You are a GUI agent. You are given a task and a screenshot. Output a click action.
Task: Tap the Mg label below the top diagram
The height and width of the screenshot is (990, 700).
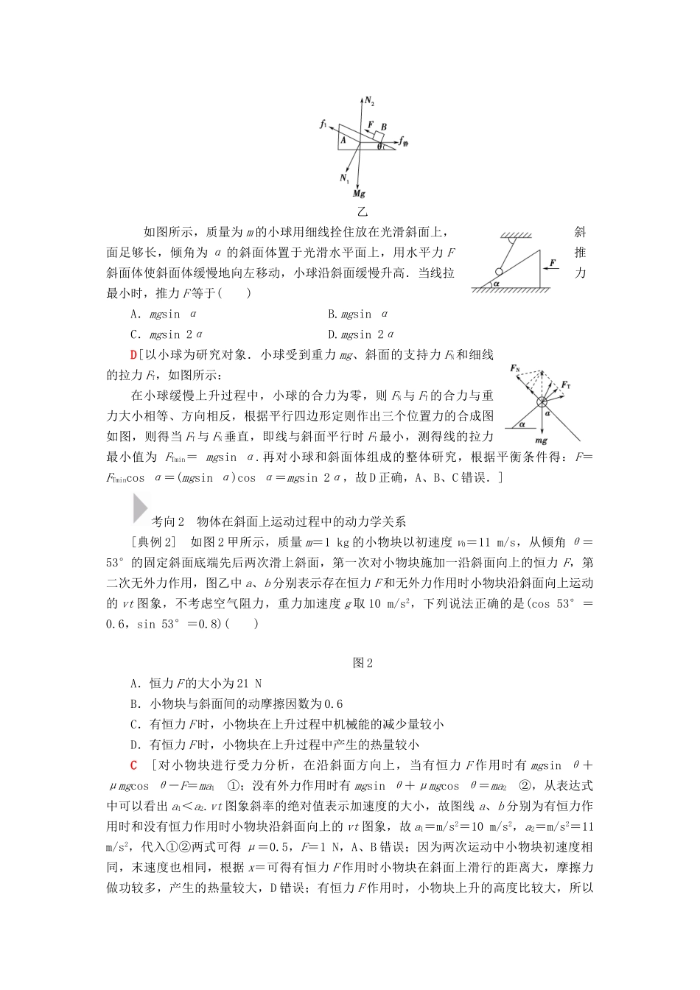click(359, 194)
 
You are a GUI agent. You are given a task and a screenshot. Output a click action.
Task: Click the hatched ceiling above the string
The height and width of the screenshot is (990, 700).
click(517, 236)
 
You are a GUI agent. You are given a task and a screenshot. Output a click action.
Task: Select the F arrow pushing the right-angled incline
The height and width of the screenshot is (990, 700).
click(551, 270)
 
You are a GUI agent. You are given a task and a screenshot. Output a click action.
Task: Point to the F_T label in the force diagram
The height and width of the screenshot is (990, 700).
click(566, 385)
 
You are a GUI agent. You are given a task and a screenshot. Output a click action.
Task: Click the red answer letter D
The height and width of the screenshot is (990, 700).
click(133, 355)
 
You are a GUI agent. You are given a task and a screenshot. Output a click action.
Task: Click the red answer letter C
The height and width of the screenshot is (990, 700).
click(133, 765)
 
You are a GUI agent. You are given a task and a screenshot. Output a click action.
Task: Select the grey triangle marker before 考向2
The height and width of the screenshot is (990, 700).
click(139, 509)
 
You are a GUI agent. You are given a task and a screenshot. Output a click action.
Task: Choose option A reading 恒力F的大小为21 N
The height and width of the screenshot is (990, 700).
click(195, 683)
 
